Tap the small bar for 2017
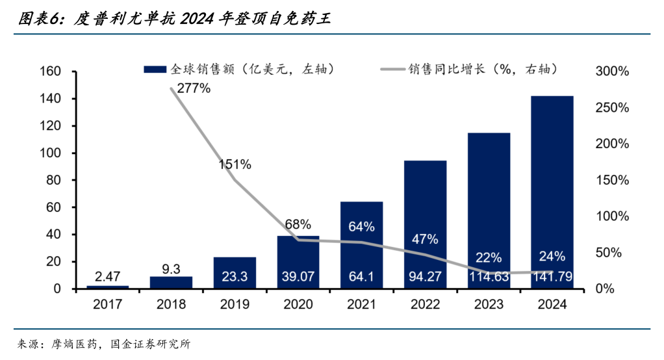108,287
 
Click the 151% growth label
235,164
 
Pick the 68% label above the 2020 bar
298,225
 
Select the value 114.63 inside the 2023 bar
489,277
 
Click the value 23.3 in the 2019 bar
235,277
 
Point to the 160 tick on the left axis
50,71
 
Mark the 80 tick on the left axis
53,180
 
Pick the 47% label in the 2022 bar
425,238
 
